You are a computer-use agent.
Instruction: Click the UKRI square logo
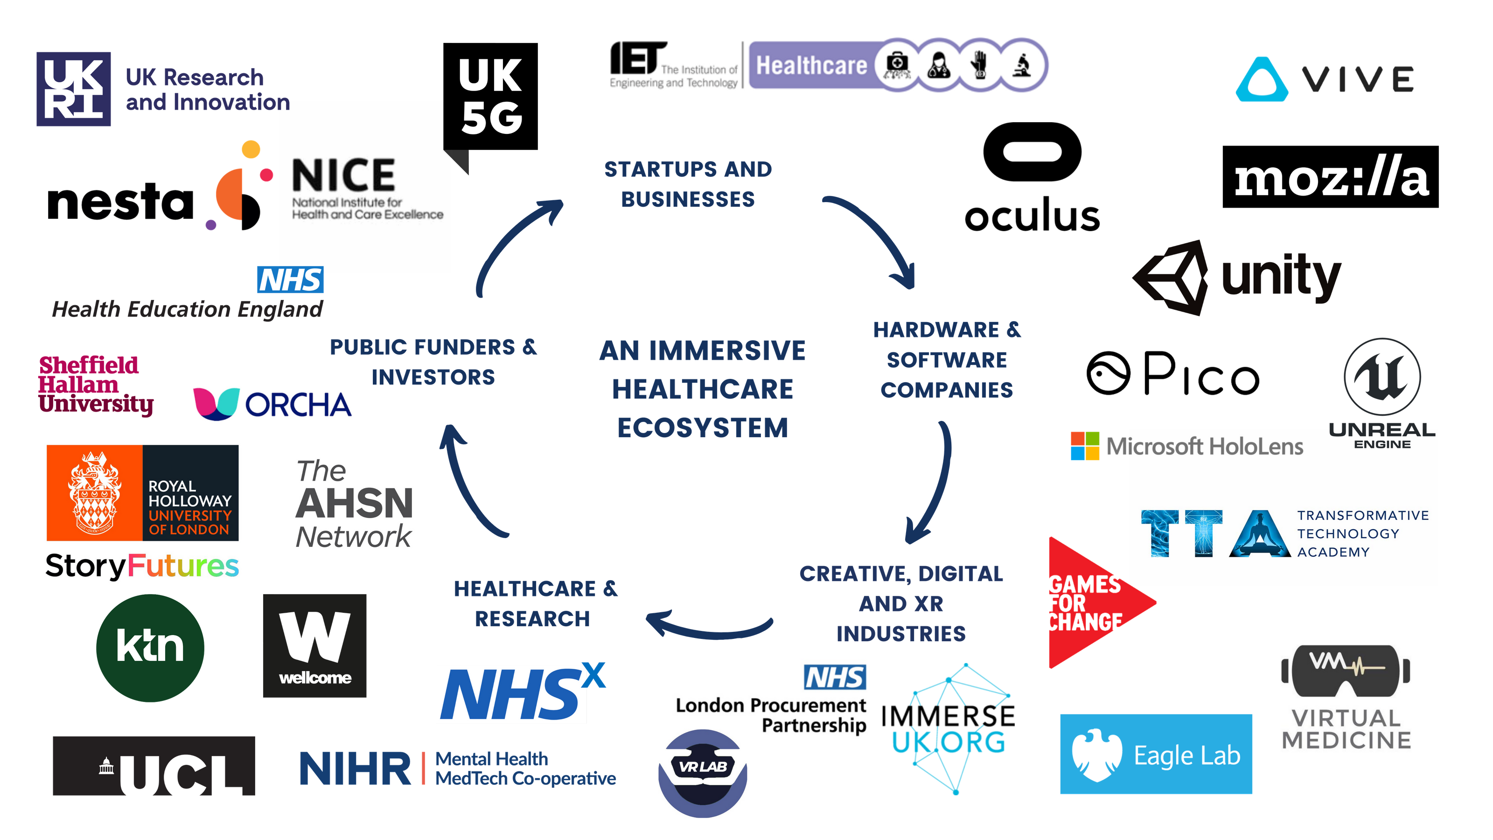(x=74, y=88)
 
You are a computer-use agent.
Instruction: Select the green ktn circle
(x=150, y=648)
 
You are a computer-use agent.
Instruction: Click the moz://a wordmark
(x=1331, y=177)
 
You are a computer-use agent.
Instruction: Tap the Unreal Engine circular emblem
(x=1382, y=377)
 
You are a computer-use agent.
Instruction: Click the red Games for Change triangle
(x=1089, y=603)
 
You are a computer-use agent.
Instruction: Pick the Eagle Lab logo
(x=1156, y=754)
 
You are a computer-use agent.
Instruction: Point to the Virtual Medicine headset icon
(x=1346, y=670)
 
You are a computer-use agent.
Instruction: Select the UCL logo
(x=153, y=766)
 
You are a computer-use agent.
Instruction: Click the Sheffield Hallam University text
(x=96, y=385)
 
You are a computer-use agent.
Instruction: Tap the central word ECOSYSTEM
(x=703, y=428)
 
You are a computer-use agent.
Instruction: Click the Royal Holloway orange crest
(x=94, y=493)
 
